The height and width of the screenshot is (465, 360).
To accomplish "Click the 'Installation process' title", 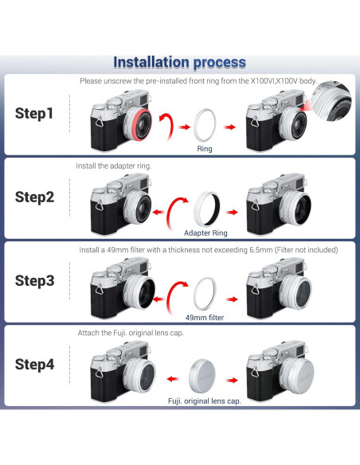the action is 179,63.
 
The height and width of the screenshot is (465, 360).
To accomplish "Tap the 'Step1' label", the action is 34,114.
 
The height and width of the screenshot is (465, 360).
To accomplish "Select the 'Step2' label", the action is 35,197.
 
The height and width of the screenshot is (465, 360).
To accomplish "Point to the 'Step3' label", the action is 35,281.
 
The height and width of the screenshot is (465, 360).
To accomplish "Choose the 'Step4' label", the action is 35,365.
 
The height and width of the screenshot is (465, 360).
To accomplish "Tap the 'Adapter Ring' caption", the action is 205,233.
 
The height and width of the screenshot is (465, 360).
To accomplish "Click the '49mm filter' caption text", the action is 205,318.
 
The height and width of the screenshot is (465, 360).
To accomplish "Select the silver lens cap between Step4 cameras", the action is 202,376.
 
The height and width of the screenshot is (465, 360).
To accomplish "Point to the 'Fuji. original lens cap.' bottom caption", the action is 205,401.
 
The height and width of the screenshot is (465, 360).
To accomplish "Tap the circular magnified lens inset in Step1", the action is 335,102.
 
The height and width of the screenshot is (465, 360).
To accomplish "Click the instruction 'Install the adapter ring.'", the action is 114,166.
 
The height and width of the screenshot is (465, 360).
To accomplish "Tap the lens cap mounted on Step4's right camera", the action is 299,374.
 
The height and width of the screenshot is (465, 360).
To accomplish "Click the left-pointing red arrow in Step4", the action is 173,379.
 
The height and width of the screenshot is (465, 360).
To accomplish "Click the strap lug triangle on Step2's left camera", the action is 100,205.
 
